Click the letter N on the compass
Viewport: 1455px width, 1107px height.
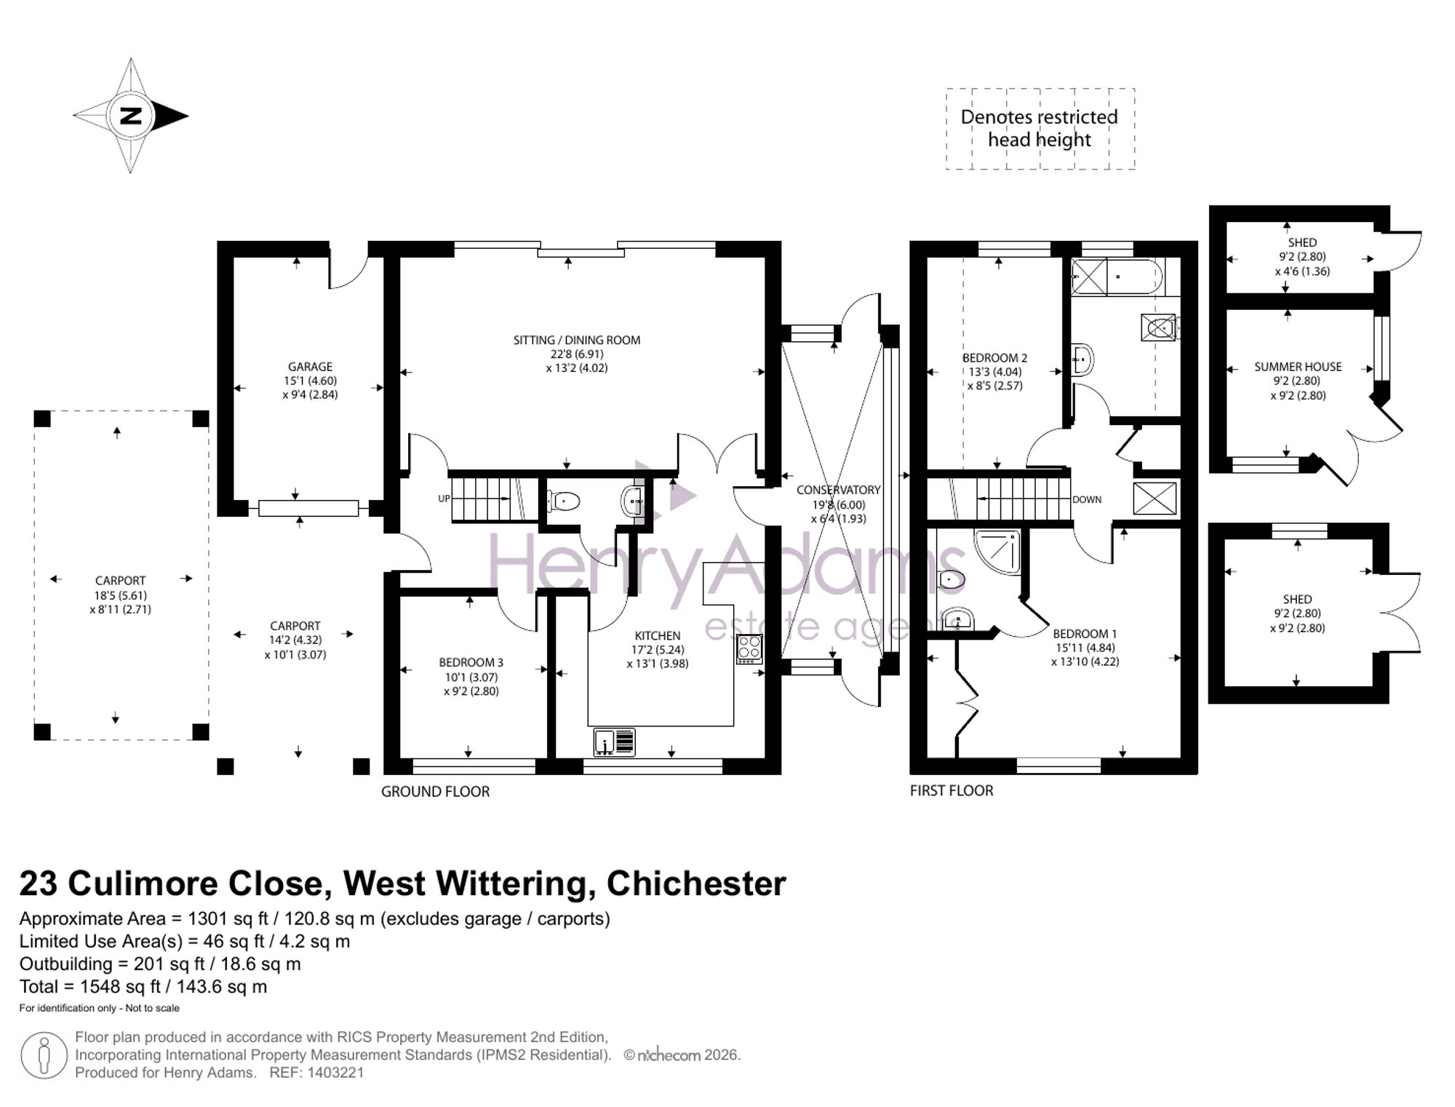tap(131, 116)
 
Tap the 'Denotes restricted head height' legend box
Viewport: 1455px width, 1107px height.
tap(1040, 129)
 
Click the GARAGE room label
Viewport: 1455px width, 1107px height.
tap(310, 367)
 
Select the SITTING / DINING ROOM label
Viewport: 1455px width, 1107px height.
tap(577, 340)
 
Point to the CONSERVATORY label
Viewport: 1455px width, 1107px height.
tap(838, 490)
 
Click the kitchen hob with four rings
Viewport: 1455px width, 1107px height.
tap(749, 648)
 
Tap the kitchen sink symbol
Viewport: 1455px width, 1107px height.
tap(614, 742)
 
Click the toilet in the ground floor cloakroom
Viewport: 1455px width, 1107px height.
tap(565, 501)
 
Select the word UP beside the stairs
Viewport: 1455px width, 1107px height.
tap(444, 499)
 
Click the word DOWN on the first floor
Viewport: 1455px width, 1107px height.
tap(1087, 499)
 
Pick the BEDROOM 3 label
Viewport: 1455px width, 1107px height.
tap(471, 662)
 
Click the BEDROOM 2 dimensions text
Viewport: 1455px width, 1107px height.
tap(994, 378)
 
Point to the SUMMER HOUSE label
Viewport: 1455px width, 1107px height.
tap(1298, 367)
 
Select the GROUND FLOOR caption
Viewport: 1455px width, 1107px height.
tap(435, 791)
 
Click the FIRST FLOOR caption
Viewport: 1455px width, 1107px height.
tap(951, 790)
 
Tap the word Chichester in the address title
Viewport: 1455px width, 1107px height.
tap(696, 884)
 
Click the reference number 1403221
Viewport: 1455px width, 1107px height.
tap(335, 1072)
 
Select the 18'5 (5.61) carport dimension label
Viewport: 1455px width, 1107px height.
tap(120, 595)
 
